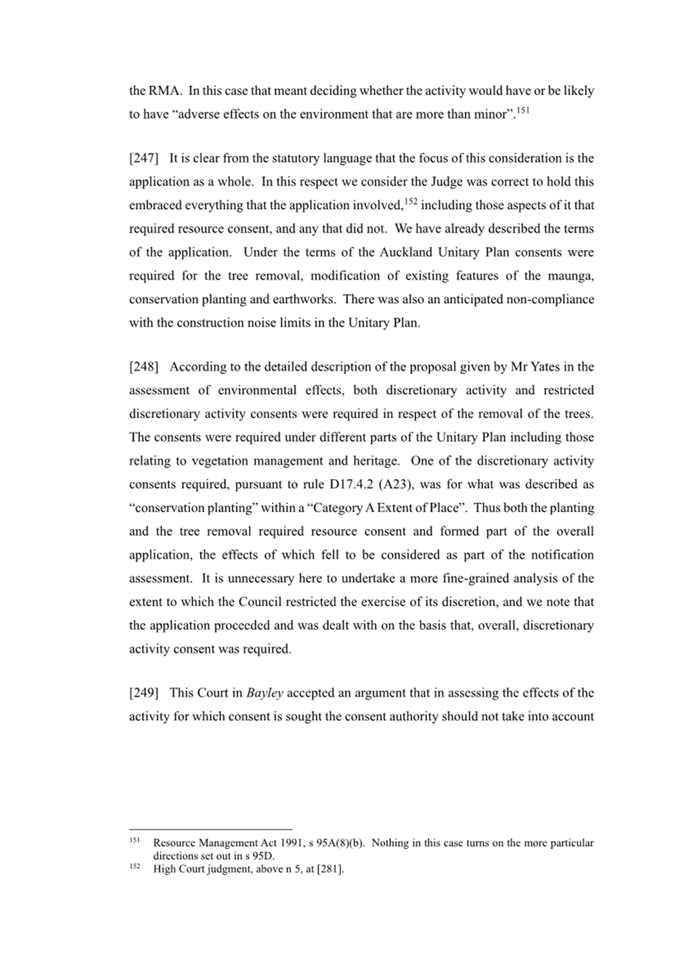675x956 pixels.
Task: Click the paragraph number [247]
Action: coord(143,159)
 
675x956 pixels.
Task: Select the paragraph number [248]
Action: coord(143,367)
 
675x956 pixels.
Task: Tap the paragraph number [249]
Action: coord(143,692)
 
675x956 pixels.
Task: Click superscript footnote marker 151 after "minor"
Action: coord(523,109)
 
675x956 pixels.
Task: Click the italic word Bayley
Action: coord(265,692)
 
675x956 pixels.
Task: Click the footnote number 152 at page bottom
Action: coord(134,866)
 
